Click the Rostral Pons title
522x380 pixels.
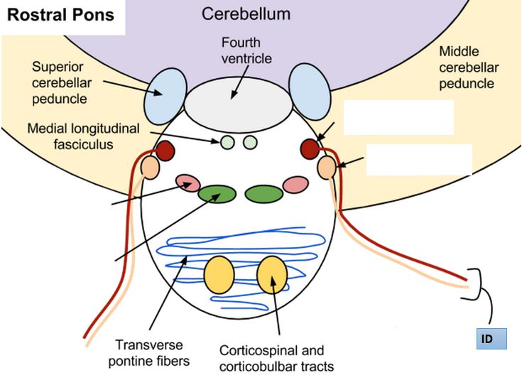click(x=61, y=16)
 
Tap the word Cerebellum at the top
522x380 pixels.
click(x=246, y=14)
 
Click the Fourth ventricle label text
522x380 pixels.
click(x=246, y=50)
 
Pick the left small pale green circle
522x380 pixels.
click(x=227, y=143)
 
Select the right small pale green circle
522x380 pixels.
click(x=249, y=143)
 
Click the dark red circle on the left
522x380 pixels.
click(x=165, y=151)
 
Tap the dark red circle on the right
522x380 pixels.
click(x=310, y=148)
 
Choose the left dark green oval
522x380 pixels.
click(x=217, y=194)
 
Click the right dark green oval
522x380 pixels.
click(x=264, y=192)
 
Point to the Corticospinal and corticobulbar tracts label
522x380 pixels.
click(x=272, y=359)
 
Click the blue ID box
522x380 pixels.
click(x=491, y=338)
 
